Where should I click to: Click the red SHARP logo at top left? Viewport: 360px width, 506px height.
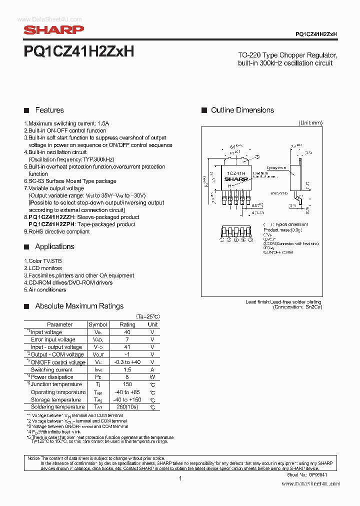[54, 30]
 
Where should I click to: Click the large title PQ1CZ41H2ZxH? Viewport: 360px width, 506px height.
[78, 51]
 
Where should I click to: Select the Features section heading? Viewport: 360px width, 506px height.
[49, 110]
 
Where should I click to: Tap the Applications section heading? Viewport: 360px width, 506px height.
[54, 246]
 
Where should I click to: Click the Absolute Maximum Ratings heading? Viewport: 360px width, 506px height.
[79, 306]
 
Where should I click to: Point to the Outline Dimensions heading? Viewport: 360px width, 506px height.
[242, 110]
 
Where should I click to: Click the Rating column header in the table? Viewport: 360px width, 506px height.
[127, 324]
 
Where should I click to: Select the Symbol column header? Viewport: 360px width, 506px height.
[97, 324]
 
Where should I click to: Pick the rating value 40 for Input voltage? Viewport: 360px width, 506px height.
[127, 332]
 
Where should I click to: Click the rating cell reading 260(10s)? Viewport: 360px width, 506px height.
[127, 407]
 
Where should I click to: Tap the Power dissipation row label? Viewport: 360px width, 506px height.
[52, 377]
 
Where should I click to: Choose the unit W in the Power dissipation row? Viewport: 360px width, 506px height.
[152, 377]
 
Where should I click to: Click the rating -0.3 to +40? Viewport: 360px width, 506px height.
[127, 362]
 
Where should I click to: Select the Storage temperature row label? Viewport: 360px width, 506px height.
[55, 399]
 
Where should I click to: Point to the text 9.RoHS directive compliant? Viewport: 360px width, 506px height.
[57, 232]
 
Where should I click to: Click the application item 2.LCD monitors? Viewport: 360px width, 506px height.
[43, 268]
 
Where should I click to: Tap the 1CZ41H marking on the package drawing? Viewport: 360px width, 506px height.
[234, 172]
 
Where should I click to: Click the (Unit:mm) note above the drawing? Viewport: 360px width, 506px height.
[310, 122]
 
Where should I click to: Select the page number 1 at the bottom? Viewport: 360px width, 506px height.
[179, 478]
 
